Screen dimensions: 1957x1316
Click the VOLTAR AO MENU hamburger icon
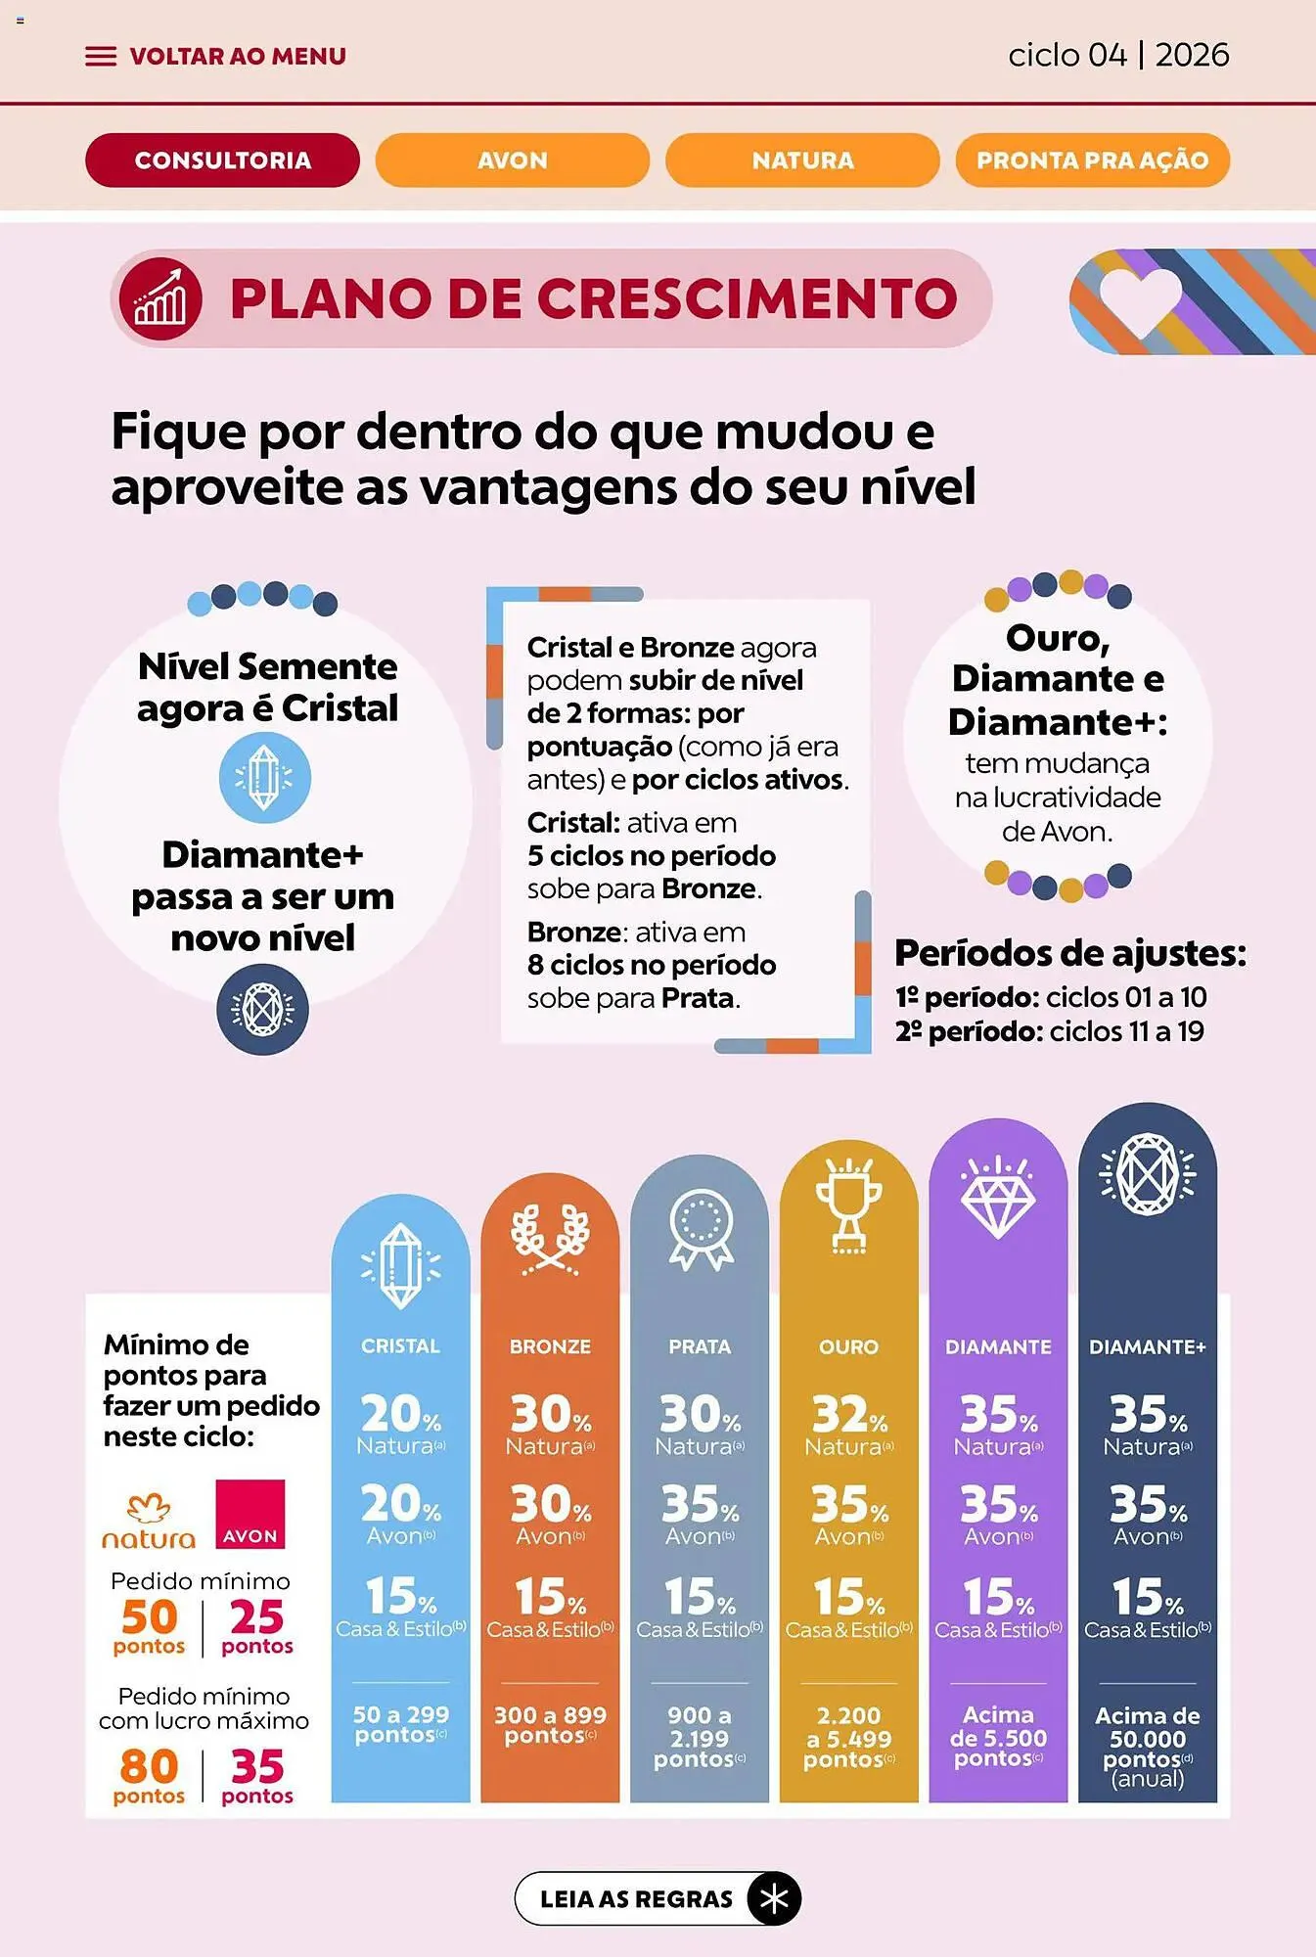click(100, 57)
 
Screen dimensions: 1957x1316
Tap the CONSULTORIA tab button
click(222, 160)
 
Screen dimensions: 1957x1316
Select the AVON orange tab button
click(512, 160)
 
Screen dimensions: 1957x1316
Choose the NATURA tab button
click(802, 160)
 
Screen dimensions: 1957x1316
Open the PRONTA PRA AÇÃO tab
click(1092, 160)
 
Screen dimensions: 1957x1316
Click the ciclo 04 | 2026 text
click(1117, 55)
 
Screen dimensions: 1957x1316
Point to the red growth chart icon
click(160, 299)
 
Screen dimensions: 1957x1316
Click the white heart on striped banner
click(1140, 297)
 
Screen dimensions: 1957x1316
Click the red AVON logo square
click(250, 1514)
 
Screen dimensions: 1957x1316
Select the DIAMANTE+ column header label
click(1147, 1346)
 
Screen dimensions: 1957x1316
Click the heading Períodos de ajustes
click(1070, 952)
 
